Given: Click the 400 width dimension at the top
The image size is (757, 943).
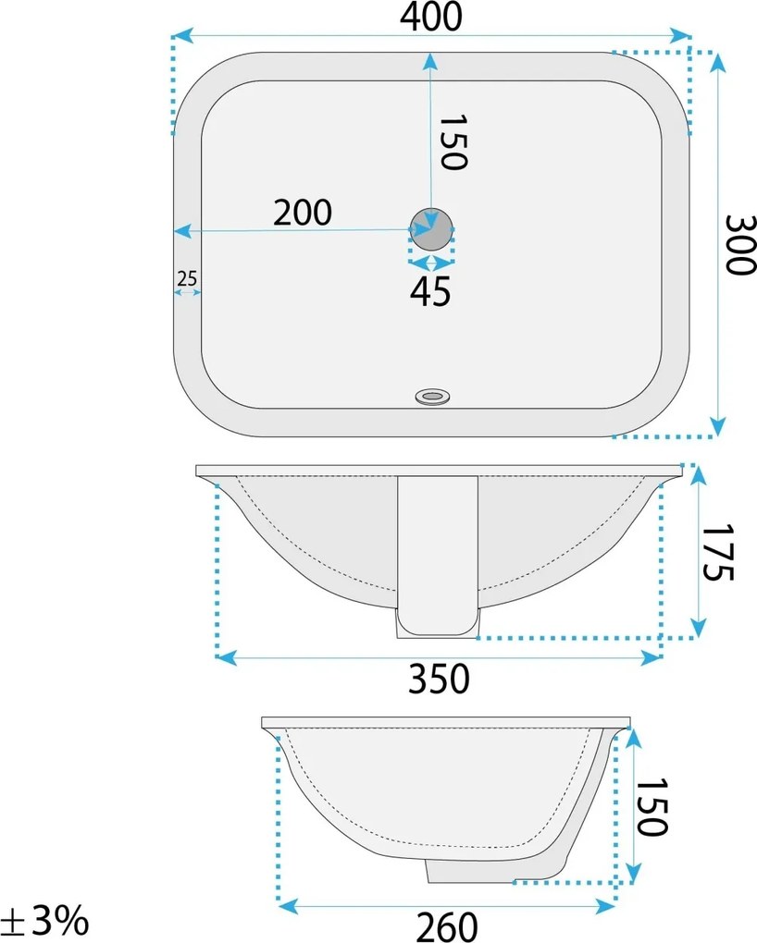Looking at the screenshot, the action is (431, 17).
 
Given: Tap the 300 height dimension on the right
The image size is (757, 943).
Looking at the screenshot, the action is (739, 244).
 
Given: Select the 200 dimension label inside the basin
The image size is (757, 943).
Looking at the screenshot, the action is (303, 213).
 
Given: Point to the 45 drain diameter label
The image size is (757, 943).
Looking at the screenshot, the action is (430, 291).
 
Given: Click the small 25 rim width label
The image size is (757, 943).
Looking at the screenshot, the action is (187, 278).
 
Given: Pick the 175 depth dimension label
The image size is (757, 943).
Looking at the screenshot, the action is (718, 552).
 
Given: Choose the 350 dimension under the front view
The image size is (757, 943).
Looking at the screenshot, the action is (439, 679).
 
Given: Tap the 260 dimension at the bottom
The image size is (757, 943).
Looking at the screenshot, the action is (447, 926).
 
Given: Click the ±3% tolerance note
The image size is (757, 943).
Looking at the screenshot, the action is (44, 920).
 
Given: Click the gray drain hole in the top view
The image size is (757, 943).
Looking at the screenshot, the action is (431, 229).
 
